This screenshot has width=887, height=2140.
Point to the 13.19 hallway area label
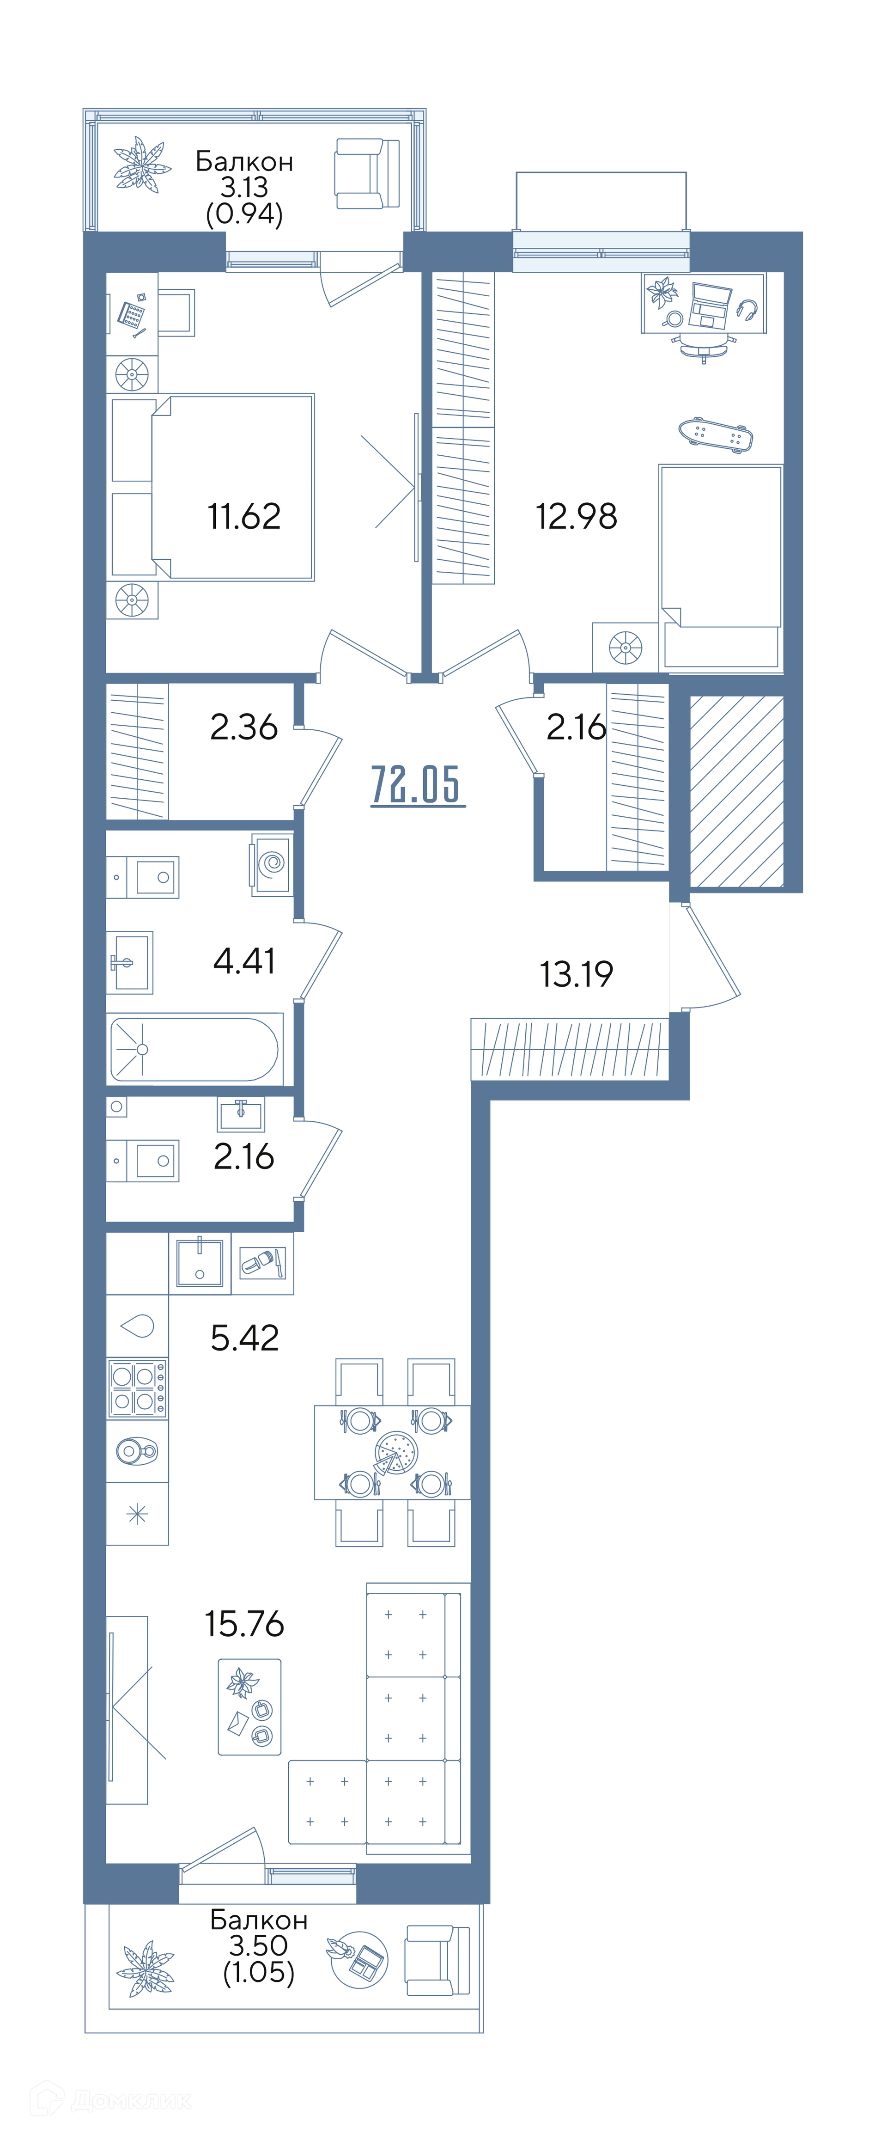[577, 974]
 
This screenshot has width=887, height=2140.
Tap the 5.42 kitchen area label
[244, 1338]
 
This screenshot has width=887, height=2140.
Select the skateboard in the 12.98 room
[715, 434]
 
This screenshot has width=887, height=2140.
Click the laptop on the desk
[711, 305]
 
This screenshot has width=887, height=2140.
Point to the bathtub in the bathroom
[194, 1049]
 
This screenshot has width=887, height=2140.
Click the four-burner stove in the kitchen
[137, 1388]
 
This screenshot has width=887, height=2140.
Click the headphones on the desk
[747, 311]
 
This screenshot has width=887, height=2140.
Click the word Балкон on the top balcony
[244, 161]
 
